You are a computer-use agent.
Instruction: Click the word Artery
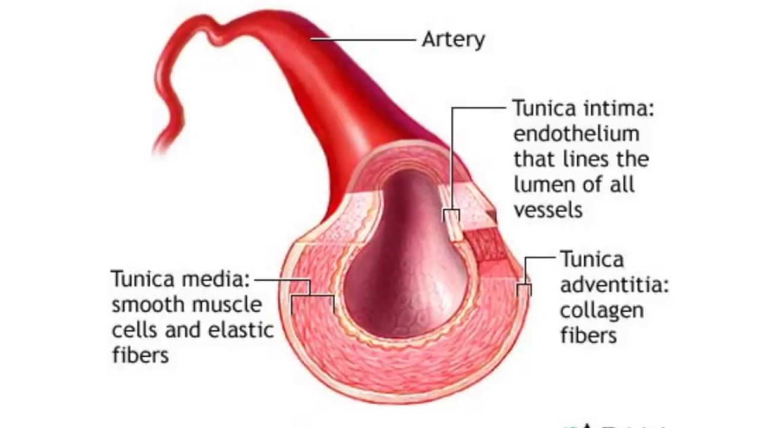click(453, 40)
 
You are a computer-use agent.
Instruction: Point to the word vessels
click(547, 210)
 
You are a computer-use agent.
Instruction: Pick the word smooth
click(146, 304)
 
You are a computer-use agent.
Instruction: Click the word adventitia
click(614, 285)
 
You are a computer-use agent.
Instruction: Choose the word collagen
click(593, 311)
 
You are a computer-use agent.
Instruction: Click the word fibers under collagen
click(588, 335)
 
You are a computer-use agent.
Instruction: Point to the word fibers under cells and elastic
click(140, 355)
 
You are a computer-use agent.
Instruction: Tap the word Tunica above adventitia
click(591, 260)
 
